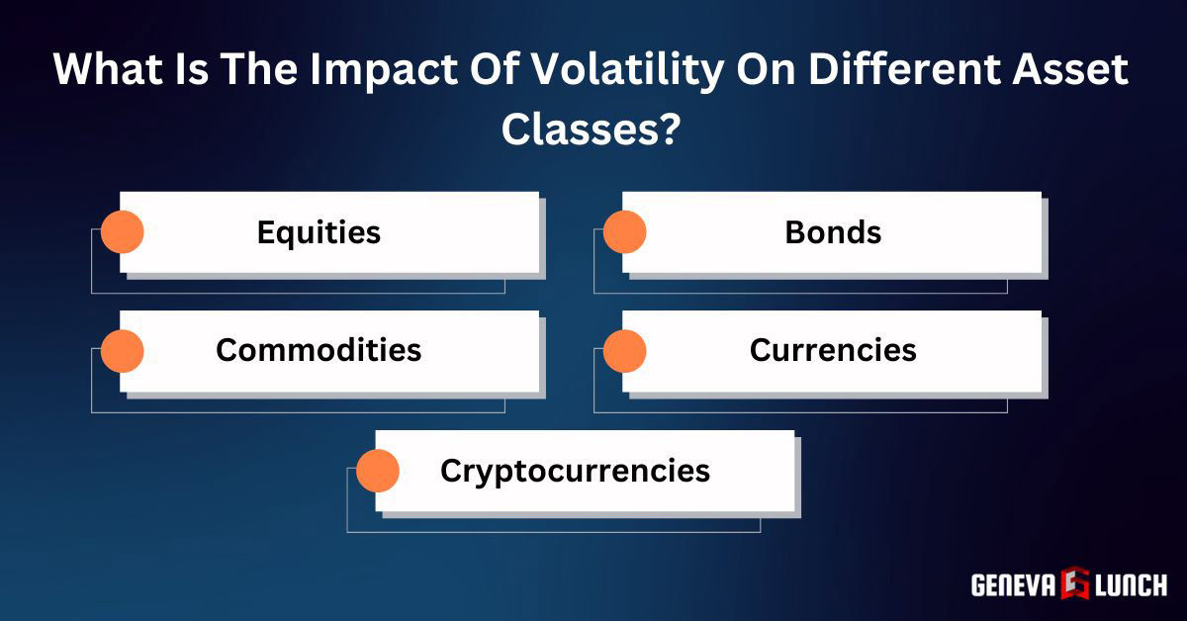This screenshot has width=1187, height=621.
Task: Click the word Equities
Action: [x=319, y=232]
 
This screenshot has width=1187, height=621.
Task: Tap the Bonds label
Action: [x=833, y=232]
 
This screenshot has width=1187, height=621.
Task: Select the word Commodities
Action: [x=319, y=350]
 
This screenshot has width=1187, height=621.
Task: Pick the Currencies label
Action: [x=833, y=350]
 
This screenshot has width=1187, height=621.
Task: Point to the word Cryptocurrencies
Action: [x=575, y=470]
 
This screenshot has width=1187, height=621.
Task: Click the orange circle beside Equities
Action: [x=123, y=232]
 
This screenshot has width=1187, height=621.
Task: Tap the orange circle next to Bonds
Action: [x=624, y=232]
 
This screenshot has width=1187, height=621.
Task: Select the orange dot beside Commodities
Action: [x=123, y=351]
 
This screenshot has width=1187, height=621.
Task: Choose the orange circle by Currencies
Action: [x=624, y=351]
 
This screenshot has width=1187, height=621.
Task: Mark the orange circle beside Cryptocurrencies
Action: [x=378, y=471]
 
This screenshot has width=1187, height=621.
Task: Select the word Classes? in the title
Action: [x=591, y=130]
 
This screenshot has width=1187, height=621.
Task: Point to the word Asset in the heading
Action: [x=1074, y=71]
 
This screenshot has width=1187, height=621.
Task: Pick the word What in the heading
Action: [x=104, y=71]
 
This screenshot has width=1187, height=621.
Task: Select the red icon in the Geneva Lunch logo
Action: [x=1073, y=583]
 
